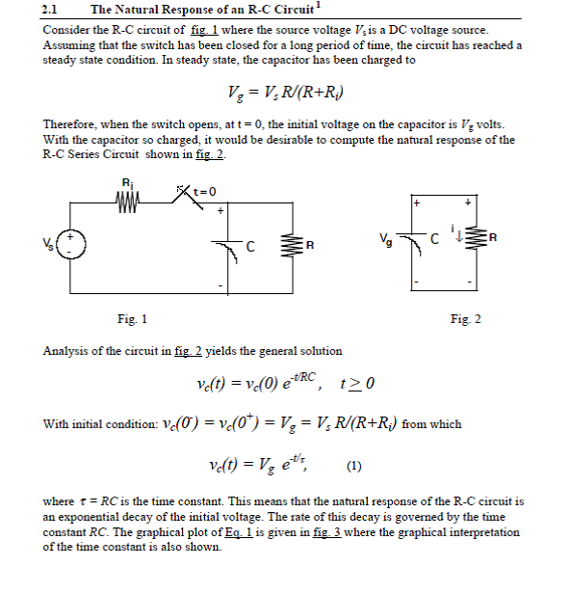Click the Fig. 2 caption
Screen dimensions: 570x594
click(x=466, y=319)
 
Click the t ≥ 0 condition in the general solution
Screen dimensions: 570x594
click(x=356, y=386)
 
